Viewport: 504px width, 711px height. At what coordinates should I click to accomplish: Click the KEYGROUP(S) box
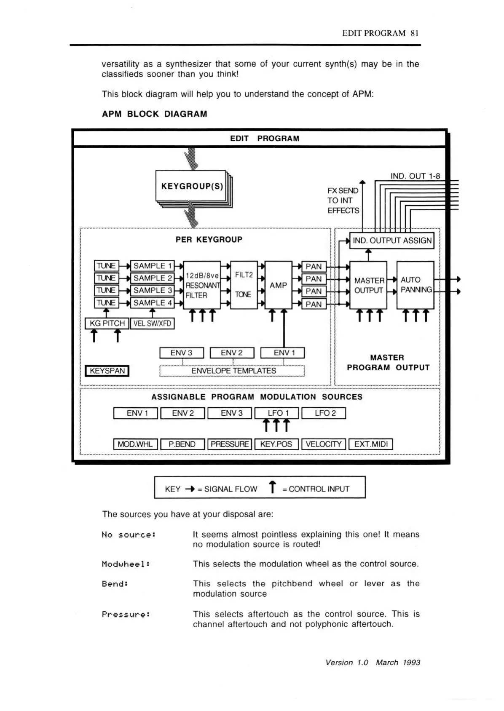coord(192,186)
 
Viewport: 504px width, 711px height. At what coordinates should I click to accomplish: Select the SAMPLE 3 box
coord(153,291)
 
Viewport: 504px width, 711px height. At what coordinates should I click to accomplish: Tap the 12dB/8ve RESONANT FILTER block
coord(202,285)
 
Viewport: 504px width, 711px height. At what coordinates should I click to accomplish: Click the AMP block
coord(278,285)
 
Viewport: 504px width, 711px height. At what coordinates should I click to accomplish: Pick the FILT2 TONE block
coord(244,285)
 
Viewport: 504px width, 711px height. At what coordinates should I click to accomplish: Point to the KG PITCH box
coord(107,323)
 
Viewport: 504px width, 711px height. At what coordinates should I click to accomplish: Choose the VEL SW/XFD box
coord(152,323)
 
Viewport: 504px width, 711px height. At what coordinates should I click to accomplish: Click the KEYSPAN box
coord(107,371)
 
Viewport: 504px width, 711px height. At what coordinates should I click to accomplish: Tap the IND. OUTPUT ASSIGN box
coord(392,241)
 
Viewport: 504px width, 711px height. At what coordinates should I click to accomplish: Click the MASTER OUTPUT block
coord(368,285)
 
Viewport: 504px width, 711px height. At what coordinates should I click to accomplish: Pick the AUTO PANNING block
coord(416,285)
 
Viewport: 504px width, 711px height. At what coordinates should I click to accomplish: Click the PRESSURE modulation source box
coord(230,444)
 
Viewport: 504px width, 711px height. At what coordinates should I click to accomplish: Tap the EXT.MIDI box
coord(371,444)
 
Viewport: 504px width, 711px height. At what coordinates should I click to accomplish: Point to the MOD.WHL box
coord(135,444)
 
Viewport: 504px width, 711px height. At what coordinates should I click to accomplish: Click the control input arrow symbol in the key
coord(273,487)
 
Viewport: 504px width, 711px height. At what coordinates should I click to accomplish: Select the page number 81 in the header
coord(415,33)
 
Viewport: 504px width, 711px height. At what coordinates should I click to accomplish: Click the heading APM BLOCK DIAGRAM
coord(155,114)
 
